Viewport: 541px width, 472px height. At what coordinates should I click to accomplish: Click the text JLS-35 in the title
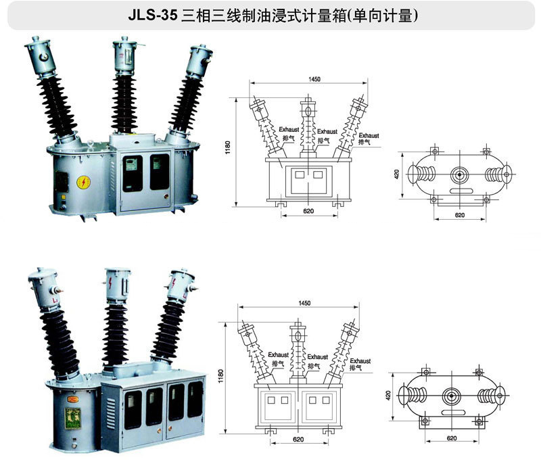tap(153, 16)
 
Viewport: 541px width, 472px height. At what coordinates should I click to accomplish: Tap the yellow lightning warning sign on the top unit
tap(83, 182)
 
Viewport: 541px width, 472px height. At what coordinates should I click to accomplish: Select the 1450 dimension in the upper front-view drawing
tap(314, 79)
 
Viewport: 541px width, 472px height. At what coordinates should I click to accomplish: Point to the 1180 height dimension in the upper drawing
tap(228, 147)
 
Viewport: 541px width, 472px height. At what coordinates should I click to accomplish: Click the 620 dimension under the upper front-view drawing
tap(308, 211)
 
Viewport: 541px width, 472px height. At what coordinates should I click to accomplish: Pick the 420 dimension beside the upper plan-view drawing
tap(397, 174)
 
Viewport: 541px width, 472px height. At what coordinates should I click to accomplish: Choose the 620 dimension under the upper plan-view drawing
tap(460, 215)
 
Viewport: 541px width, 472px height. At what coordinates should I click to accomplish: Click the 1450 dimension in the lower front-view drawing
tap(304, 303)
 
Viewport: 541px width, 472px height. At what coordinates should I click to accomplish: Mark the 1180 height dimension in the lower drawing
tap(221, 376)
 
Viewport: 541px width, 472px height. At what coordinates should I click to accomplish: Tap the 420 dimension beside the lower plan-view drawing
tap(388, 396)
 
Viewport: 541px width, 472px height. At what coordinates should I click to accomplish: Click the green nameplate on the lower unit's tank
tap(73, 418)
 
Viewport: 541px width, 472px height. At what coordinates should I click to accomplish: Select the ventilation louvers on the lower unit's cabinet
tap(110, 414)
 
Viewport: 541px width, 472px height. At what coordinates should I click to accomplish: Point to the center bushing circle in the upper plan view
tap(459, 174)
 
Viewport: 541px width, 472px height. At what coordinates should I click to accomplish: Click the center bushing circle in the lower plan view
tap(451, 396)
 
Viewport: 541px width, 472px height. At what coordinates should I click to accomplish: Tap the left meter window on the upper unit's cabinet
tap(133, 173)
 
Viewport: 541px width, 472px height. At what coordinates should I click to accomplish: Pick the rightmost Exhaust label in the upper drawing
tap(369, 136)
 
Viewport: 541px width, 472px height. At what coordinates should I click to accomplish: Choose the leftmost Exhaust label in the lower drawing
tap(278, 355)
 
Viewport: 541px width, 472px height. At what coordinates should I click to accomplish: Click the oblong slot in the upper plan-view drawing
tap(461, 191)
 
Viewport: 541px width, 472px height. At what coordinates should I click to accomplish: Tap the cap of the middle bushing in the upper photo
tap(124, 55)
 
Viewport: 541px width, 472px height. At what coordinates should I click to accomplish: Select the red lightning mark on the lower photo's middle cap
tap(110, 283)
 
